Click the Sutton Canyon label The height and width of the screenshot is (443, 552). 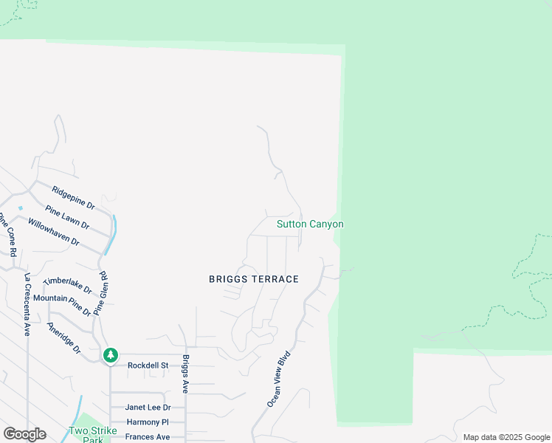pyautogui.click(x=310, y=224)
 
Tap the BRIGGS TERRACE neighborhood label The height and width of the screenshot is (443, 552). pyautogui.click(x=254, y=279)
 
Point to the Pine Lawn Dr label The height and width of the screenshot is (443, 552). pyautogui.click(x=67, y=218)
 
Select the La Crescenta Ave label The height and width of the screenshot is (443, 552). pyautogui.click(x=27, y=304)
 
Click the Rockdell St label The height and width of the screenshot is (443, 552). pyautogui.click(x=148, y=365)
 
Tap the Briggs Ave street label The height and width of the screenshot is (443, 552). pyautogui.click(x=186, y=374)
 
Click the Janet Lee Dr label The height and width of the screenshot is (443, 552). pyautogui.click(x=148, y=407)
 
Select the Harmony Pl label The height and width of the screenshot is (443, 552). pyautogui.click(x=148, y=422)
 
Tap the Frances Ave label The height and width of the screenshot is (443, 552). pyautogui.click(x=148, y=437)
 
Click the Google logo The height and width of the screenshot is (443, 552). pyautogui.click(x=24, y=433)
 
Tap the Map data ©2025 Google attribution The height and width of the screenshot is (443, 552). pyautogui.click(x=506, y=437)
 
